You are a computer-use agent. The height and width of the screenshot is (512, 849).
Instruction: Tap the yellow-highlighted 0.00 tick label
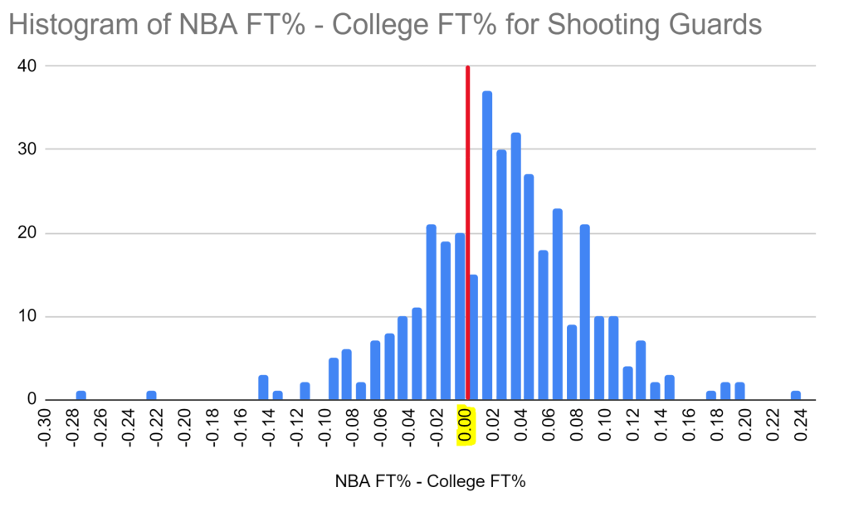point(466,426)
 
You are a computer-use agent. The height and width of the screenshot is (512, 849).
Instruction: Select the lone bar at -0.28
point(81,396)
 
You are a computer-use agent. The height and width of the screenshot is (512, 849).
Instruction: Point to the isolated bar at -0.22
point(151,396)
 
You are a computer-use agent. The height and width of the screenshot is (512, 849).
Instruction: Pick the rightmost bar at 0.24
point(795,396)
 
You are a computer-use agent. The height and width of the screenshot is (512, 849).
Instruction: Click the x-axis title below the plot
point(431,481)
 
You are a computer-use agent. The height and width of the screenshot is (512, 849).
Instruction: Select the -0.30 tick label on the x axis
point(46,426)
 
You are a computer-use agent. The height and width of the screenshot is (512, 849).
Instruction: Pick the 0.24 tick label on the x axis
point(801,426)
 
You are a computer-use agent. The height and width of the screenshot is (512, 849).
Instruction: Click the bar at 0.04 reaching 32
point(515,266)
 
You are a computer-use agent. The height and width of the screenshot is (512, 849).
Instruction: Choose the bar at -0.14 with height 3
point(263,388)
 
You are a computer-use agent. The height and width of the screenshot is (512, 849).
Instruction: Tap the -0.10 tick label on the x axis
point(326,426)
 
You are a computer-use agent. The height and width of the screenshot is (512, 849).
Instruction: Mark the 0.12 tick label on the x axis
point(633,426)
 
